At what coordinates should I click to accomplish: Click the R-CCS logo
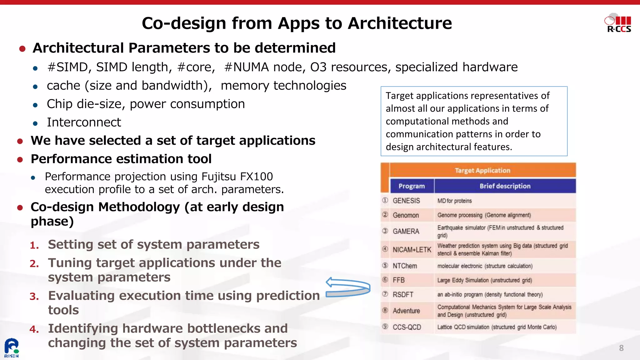pyautogui.click(x=618, y=23)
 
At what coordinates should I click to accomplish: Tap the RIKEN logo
pyautogui.click(x=11, y=348)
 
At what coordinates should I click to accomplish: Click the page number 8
pyautogui.click(x=621, y=348)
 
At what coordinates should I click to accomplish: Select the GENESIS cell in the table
pyautogui.click(x=406, y=201)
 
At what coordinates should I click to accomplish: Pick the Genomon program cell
pyautogui.click(x=406, y=215)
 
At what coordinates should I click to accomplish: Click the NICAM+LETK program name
pyautogui.click(x=412, y=250)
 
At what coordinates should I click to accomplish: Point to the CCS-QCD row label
pyautogui.click(x=407, y=327)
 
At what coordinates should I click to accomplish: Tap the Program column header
pyautogui.click(x=412, y=186)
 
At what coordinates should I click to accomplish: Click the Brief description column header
pyautogui.click(x=505, y=186)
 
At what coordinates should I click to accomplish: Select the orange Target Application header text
pyautogui.click(x=482, y=171)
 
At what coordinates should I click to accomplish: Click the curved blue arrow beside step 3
pyautogui.click(x=348, y=287)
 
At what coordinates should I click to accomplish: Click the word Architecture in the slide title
pyautogui.click(x=400, y=23)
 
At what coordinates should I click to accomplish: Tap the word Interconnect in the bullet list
pyautogui.click(x=84, y=122)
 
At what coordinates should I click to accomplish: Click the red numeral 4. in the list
pyautogui.click(x=34, y=329)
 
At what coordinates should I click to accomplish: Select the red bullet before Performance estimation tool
pyautogui.click(x=20, y=160)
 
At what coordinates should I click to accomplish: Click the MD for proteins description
pyautogui.click(x=454, y=201)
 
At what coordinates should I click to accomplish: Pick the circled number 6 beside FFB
pyautogui.click(x=385, y=280)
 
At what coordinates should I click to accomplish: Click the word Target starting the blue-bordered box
pyautogui.click(x=399, y=96)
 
